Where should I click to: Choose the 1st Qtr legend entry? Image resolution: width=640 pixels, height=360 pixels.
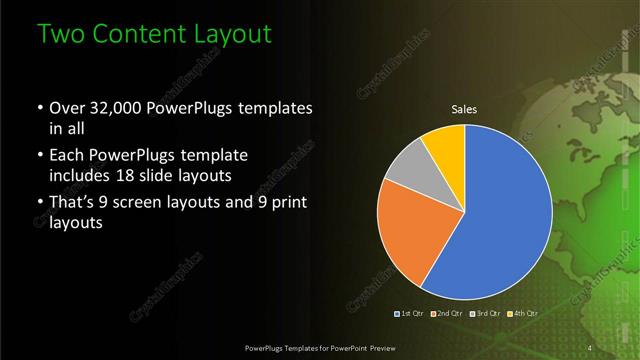[410, 313]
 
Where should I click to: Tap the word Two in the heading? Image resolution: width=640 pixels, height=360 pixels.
[59, 33]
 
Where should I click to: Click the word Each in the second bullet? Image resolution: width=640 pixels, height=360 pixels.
[68, 157]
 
